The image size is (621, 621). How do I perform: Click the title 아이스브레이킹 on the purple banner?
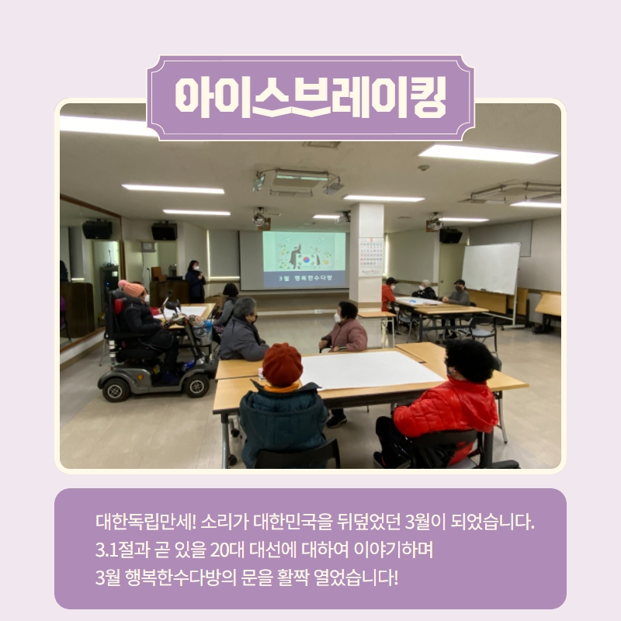click(311, 98)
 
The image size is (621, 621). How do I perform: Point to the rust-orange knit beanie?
click(283, 364)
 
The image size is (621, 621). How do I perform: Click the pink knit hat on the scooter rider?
click(131, 288)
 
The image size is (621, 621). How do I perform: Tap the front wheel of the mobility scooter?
click(196, 385)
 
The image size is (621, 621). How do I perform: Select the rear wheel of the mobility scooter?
click(114, 390)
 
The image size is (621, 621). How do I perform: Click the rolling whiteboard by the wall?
click(491, 268)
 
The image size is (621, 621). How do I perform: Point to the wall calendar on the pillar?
click(371, 257)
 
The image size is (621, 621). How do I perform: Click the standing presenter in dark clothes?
click(196, 281)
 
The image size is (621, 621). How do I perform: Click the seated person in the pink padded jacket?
click(344, 328)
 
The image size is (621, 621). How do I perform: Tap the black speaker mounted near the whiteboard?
click(450, 236)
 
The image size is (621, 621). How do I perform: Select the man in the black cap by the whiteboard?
click(457, 294)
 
